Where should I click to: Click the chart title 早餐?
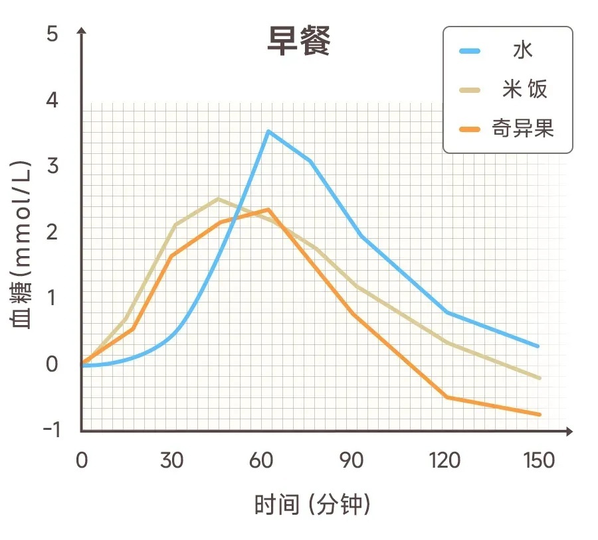(298, 42)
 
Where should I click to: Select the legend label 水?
(523, 51)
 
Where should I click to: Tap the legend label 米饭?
(524, 89)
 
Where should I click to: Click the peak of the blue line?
(268, 131)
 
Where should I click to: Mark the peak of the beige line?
(219, 198)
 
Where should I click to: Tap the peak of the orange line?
(268, 210)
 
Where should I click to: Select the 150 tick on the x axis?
(539, 460)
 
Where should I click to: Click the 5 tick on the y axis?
(52, 34)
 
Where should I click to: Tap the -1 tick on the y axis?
(51, 430)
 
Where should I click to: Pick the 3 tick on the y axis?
(52, 166)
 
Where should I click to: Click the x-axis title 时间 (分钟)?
(312, 506)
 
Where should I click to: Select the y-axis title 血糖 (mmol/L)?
(21, 245)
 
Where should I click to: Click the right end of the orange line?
(540, 415)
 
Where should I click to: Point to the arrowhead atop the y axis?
(81, 31)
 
